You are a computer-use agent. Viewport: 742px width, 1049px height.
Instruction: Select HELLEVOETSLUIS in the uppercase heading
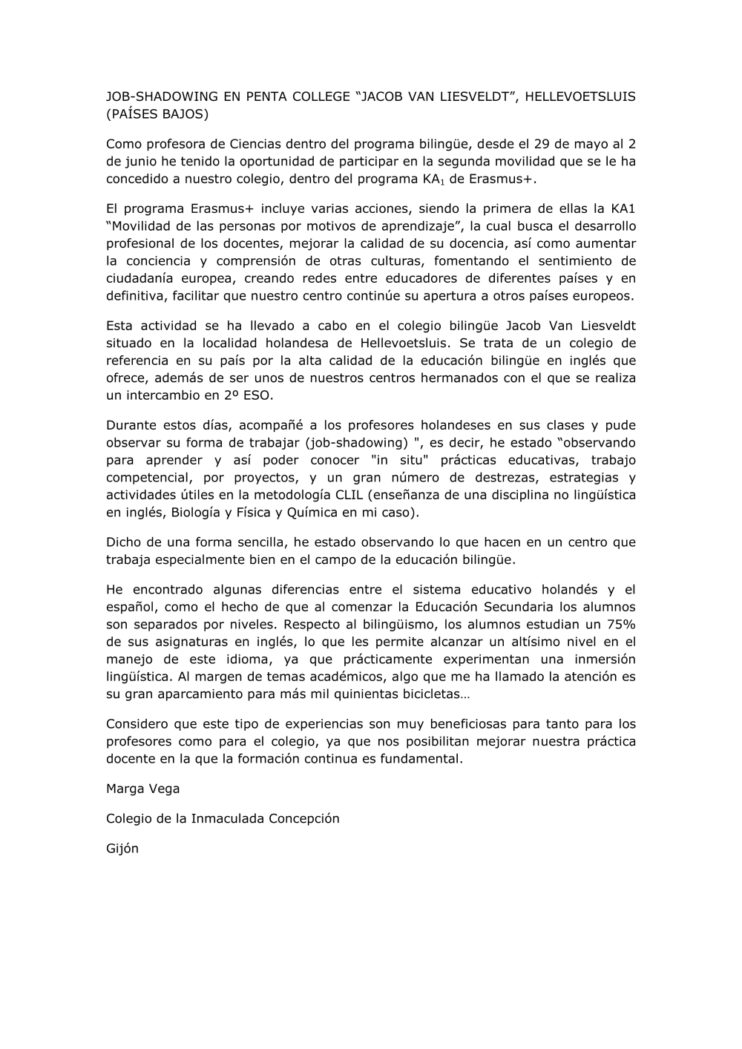point(580,96)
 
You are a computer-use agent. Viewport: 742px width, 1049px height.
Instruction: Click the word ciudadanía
point(146,279)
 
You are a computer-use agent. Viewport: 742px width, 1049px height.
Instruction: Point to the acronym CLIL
point(348,496)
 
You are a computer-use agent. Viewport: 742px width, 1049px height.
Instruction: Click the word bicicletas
point(426,694)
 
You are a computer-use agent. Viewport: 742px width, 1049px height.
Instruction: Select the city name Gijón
point(122,849)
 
